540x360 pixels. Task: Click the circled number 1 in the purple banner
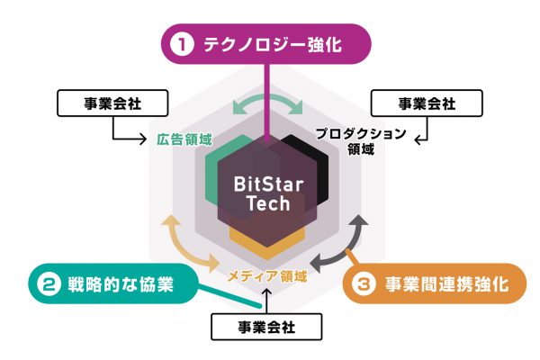click(x=182, y=44)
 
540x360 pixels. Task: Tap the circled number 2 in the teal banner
click(x=49, y=283)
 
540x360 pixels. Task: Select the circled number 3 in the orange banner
click(x=364, y=284)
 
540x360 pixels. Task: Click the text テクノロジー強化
click(x=273, y=44)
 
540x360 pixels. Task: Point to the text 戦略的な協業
click(x=121, y=284)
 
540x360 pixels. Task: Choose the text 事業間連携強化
click(x=446, y=284)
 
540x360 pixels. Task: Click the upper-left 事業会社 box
click(x=112, y=103)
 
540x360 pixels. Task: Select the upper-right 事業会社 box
click(x=427, y=103)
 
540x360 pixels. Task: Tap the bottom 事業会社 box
click(x=266, y=327)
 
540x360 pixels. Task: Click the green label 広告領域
click(x=184, y=139)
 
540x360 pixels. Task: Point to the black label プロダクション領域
click(x=361, y=141)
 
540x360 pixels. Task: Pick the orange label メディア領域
click(x=267, y=276)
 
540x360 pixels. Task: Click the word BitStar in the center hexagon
click(x=268, y=184)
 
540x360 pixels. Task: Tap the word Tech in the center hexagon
click(x=268, y=203)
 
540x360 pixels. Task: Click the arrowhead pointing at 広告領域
click(x=143, y=139)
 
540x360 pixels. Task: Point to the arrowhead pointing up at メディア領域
click(x=267, y=292)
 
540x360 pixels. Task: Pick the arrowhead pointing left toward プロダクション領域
click(x=418, y=139)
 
